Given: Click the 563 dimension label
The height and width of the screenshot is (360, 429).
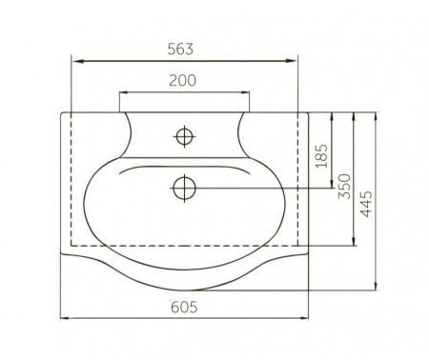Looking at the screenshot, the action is coord(180,50).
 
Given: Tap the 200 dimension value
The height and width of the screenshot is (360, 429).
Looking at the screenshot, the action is coord(182,80).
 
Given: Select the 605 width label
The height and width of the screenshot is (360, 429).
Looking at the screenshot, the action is coord(184,307).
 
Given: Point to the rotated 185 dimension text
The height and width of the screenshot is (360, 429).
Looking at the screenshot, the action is coord(321,156).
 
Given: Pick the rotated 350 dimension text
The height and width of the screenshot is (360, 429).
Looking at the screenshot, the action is coord(344,187).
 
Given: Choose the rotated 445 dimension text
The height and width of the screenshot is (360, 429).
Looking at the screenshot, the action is coord(366,204).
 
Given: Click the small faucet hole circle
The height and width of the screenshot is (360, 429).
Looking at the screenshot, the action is coord(184,136).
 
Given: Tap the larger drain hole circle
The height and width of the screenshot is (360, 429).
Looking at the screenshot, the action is coord(185,188).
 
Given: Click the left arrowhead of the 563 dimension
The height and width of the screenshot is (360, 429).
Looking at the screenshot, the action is coord(78,61).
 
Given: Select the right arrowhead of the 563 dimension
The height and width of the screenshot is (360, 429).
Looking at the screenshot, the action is coord(292,61).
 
